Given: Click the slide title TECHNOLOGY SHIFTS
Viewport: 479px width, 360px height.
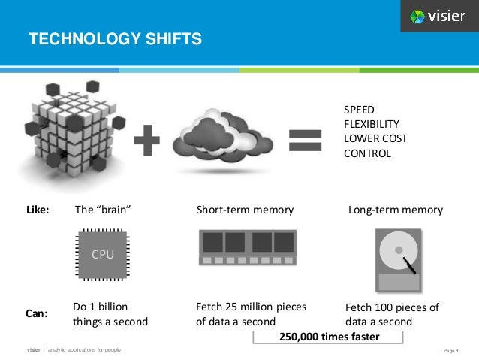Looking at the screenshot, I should pos(115,38).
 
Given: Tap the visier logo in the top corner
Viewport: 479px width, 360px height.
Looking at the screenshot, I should pos(438,16).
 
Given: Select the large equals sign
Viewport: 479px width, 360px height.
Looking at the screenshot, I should pos(306,141).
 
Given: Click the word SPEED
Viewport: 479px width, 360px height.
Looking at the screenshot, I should pos(360,110).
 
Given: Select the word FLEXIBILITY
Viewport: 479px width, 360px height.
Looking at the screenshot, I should pos(371,124).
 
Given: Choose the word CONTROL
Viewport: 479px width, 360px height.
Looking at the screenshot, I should pos(367,153).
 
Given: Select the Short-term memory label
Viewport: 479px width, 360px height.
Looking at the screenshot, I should pos(245,210).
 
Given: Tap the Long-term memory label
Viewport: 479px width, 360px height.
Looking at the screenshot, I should pos(396,210).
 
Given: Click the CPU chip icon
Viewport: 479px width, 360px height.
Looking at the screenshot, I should pos(103,256).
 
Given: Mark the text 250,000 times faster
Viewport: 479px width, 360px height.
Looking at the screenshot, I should pos(330,337).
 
